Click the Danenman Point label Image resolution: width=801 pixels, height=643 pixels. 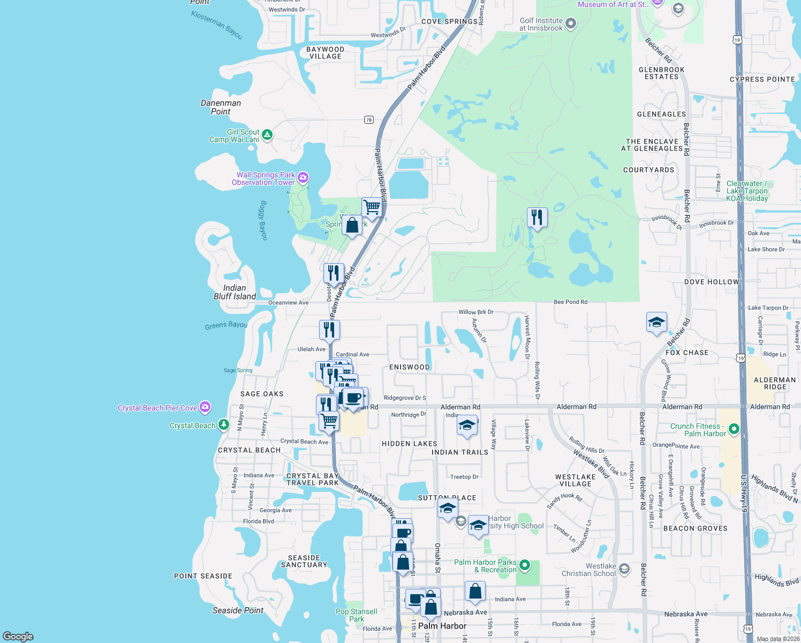tap(221, 107)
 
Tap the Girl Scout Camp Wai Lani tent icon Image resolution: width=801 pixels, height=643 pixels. tap(267, 134)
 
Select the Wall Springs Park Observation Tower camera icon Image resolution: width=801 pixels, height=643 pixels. tap(303, 177)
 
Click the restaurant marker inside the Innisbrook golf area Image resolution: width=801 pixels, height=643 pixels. tap(537, 218)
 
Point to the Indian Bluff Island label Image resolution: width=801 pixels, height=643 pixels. tap(235, 292)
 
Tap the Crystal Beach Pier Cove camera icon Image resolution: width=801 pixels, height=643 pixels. tap(205, 407)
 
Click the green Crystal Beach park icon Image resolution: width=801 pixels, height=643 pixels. tap(224, 425)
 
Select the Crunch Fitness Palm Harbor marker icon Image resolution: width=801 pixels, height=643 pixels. tap(734, 429)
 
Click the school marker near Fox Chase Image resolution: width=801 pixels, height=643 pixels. tap(656, 322)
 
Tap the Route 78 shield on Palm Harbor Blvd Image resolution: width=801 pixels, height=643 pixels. tap(369, 119)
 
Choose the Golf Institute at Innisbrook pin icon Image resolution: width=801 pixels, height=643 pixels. tap(571, 23)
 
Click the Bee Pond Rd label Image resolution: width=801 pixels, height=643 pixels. tap(570, 302)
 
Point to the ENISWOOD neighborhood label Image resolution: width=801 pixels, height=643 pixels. tap(410, 367)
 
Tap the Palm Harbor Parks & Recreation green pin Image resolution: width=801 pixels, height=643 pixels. tap(525, 565)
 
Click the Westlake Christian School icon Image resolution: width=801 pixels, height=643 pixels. tap(624, 569)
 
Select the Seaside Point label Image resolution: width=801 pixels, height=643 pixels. tap(238, 610)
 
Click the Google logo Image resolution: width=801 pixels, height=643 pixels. tap(18, 636)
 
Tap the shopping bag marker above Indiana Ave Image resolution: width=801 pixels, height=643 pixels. tap(475, 591)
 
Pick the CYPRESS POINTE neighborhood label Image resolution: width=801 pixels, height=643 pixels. tap(762, 79)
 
